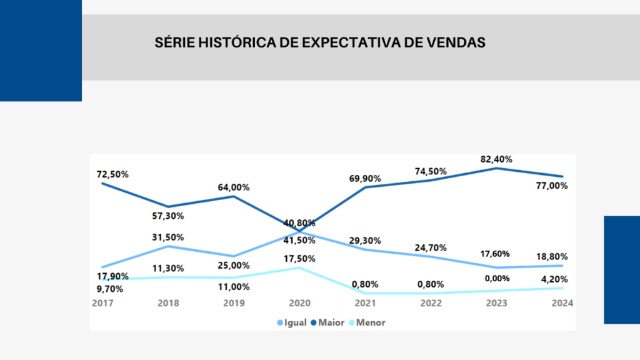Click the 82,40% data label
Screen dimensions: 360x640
point(497,159)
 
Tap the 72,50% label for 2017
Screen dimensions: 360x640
point(113,174)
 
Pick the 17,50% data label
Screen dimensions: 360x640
point(300,259)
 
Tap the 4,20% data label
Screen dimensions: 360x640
point(555,279)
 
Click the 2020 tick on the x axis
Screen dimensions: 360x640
point(300,303)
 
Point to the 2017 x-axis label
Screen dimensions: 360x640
point(102,303)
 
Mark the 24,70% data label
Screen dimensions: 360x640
point(431,248)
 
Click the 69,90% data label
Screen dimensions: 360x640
point(365,179)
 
